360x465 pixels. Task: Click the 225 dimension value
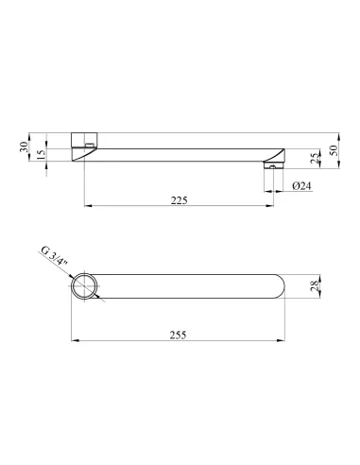179,200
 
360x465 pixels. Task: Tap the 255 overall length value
178,335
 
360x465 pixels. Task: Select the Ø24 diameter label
301,186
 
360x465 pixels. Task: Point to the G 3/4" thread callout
55,259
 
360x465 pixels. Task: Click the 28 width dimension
315,286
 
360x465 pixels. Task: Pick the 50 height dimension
334,150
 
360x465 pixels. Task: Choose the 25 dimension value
315,159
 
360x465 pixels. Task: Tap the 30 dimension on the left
24,146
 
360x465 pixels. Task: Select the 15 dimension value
42,154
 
